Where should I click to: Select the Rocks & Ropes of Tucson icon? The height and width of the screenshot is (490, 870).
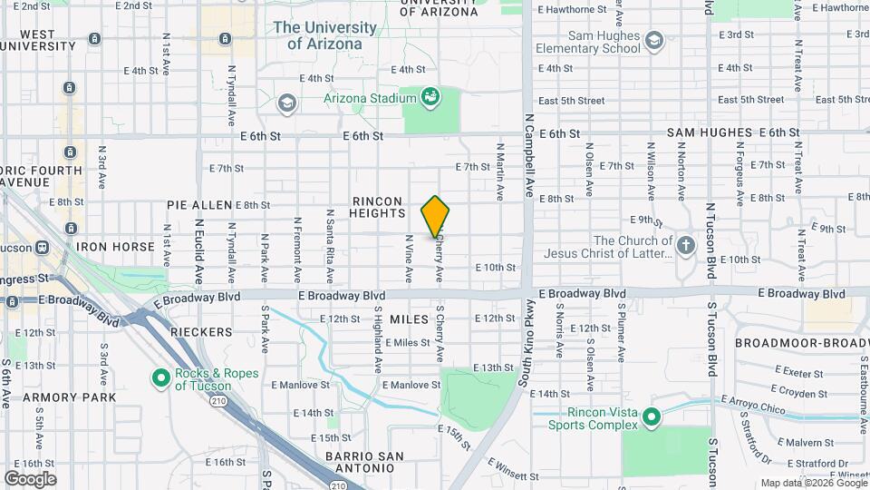coord(161,377)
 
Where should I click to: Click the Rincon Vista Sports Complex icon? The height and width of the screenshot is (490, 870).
coord(651,417)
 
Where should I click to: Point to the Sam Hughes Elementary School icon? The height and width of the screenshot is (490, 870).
coord(654,41)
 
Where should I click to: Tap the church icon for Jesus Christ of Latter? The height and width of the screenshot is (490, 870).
coord(686,245)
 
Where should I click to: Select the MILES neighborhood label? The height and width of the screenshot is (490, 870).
coord(408,320)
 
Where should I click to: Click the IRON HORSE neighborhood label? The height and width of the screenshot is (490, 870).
coord(117,247)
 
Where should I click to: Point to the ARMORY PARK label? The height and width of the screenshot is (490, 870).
coord(70,397)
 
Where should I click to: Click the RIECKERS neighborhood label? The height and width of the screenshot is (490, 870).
coord(197,333)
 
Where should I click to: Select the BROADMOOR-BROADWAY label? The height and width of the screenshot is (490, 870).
coord(801,343)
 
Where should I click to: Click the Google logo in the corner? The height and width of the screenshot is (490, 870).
coord(30,478)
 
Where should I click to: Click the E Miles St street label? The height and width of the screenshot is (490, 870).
coord(407,343)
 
